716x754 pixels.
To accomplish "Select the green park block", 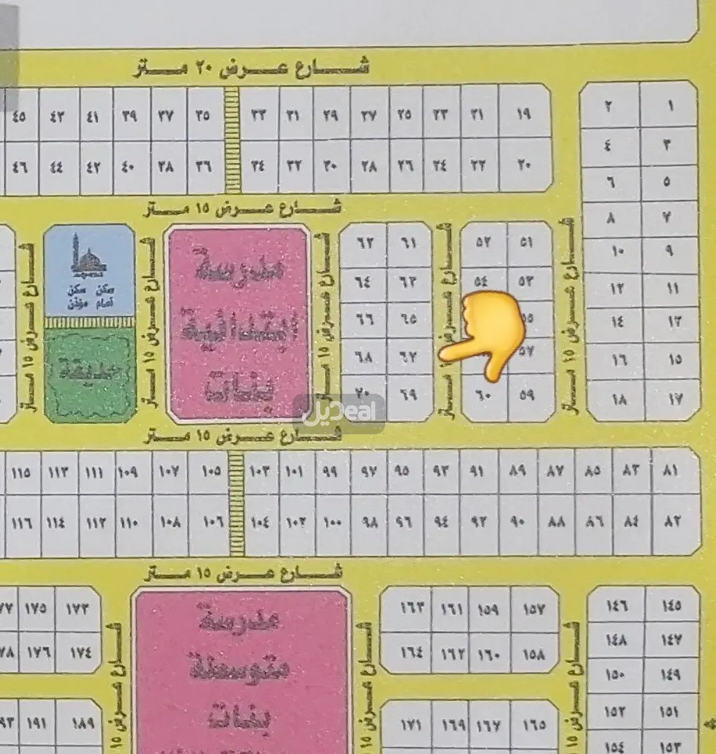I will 89,374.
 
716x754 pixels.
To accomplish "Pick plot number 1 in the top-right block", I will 670,106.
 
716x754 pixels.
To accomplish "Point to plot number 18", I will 618,400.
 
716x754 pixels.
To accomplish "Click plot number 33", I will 260,114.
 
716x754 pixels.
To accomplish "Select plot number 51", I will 528,242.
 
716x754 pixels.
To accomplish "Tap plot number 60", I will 486,396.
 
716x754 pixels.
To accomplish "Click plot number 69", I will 409,394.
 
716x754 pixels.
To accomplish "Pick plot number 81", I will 671,471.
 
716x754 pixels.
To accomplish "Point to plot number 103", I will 260,471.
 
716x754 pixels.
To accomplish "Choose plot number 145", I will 669,605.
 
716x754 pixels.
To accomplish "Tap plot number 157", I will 533,609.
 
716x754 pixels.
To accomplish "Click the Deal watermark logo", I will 338,412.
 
